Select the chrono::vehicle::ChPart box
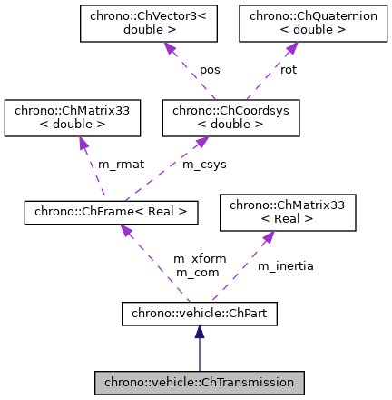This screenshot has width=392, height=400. pos(199,315)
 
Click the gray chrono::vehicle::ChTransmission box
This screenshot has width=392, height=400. pos(199,383)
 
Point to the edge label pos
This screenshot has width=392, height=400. pos(210,70)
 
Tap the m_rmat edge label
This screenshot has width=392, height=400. pos(121,165)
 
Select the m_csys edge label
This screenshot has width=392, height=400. pos(205,165)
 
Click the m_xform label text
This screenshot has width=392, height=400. pos(200,259)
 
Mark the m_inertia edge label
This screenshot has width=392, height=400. pos(286,266)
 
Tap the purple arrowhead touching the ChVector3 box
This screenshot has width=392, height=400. pos(168,47)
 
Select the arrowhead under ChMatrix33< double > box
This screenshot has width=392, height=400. pos(83,144)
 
